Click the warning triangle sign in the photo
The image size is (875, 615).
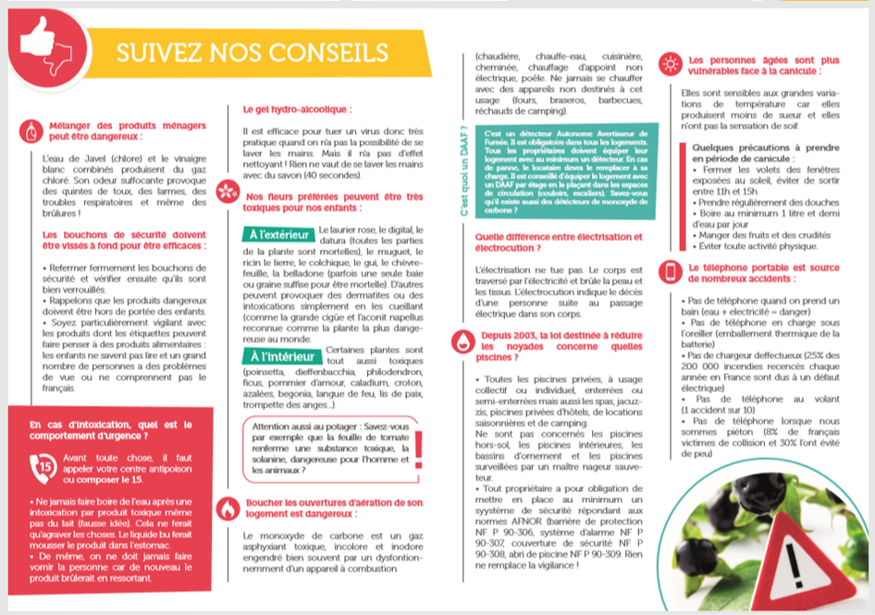pyautogui.click(x=799, y=559)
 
